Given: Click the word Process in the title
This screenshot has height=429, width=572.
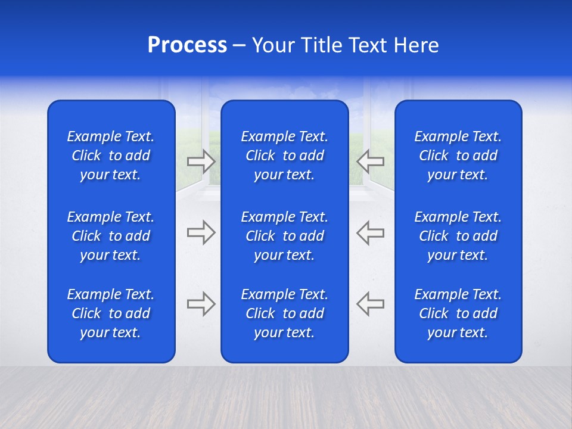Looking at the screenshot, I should pyautogui.click(x=187, y=45).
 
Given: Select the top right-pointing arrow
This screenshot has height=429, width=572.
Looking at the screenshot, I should pyautogui.click(x=201, y=161).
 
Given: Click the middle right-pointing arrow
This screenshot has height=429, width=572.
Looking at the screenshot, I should pyautogui.click(x=201, y=232).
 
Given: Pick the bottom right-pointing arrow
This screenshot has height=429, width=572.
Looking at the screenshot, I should pyautogui.click(x=201, y=304).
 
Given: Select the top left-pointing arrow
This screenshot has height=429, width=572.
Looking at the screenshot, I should pyautogui.click(x=370, y=161).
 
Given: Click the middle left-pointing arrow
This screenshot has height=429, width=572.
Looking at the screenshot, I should pyautogui.click(x=370, y=232).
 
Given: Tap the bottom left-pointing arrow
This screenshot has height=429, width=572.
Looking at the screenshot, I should pyautogui.click(x=370, y=304).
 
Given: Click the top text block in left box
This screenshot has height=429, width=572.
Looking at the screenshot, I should pyautogui.click(x=111, y=156).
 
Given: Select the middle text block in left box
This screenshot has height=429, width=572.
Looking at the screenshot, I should pyautogui.click(x=111, y=236).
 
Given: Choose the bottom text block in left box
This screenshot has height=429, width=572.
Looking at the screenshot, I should pyautogui.click(x=111, y=313).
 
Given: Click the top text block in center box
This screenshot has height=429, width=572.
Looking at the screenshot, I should pyautogui.click(x=284, y=156).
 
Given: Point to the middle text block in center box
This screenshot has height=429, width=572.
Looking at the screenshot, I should pyautogui.click(x=284, y=236).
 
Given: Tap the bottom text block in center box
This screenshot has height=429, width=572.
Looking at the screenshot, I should pyautogui.click(x=284, y=313).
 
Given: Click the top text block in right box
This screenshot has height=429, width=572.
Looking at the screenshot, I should pyautogui.click(x=458, y=156).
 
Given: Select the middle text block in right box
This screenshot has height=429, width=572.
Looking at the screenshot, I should pyautogui.click(x=458, y=236).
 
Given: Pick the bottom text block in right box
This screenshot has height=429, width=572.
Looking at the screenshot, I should pyautogui.click(x=458, y=313).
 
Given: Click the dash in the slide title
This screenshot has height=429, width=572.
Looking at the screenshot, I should pyautogui.click(x=239, y=46).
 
